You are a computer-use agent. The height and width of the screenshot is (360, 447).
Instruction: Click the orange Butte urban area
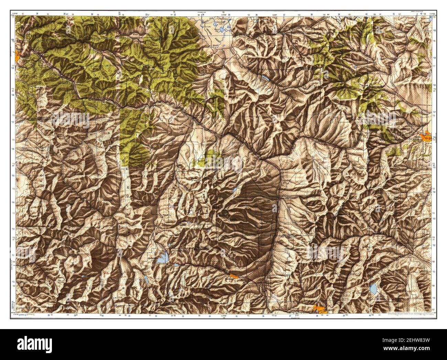click(x=320, y=308)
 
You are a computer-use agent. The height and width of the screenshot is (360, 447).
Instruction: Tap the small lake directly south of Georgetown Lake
click(x=146, y=280)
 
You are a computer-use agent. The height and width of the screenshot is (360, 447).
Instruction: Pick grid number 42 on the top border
click(x=422, y=14)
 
